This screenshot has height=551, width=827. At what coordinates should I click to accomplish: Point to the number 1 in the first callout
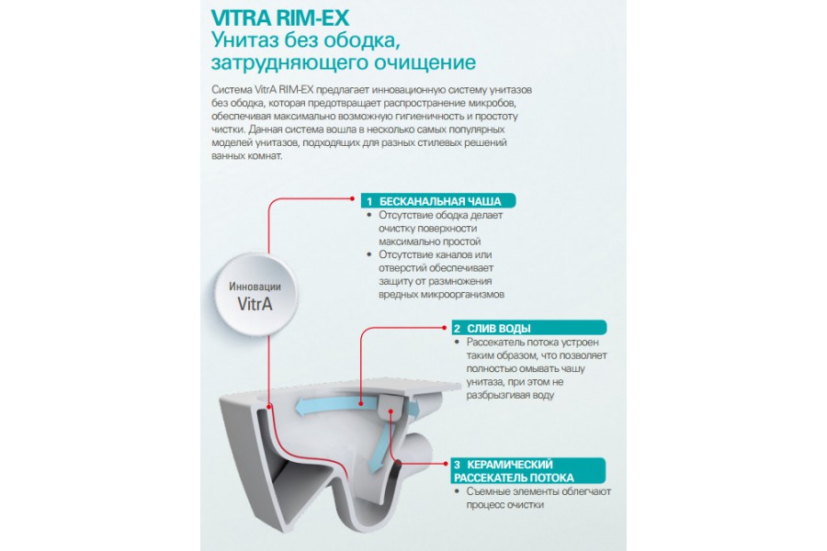click(x=368, y=201)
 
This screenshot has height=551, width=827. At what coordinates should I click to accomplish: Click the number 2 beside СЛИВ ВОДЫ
click(x=456, y=328)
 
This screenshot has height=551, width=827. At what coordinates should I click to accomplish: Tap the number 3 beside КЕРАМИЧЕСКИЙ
click(x=456, y=465)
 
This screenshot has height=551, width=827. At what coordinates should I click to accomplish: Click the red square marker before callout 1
click(x=350, y=197)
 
